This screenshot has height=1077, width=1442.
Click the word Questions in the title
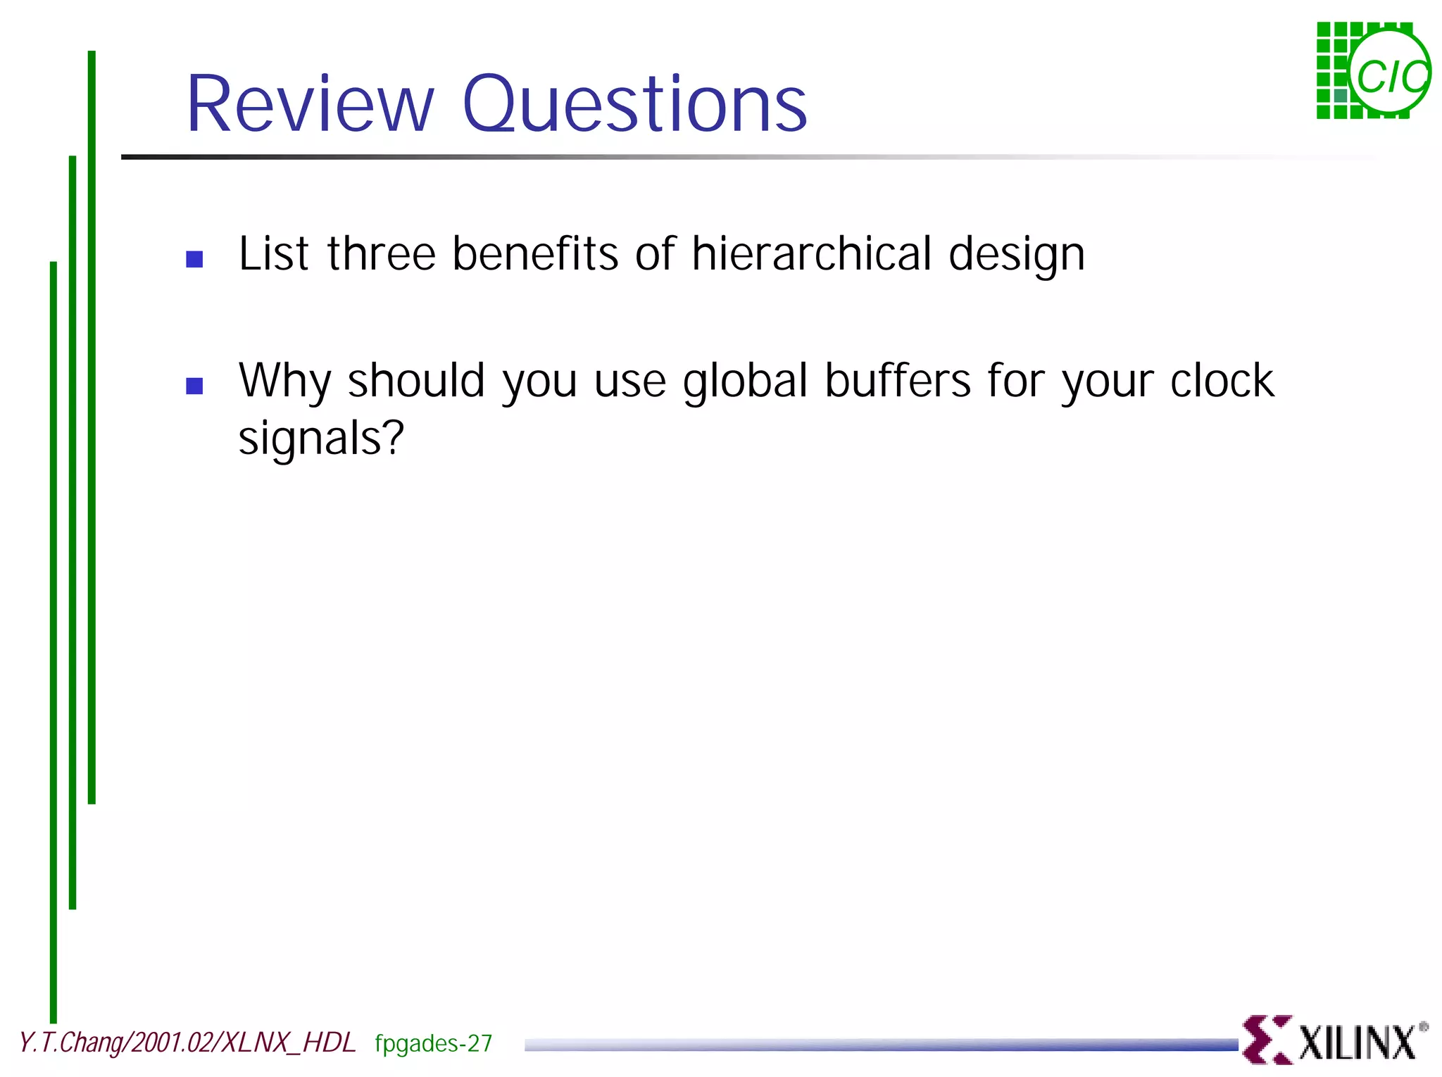pos(634,106)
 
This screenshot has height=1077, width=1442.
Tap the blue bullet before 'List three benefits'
pos(194,259)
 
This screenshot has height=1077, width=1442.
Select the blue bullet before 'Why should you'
pos(194,386)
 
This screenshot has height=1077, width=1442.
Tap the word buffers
pos(898,381)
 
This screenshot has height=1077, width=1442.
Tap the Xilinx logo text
pos(1357,1043)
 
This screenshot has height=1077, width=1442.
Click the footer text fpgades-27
pos(433,1043)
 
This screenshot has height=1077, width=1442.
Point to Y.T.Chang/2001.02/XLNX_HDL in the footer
pos(187,1043)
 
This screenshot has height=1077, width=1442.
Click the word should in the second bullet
pos(416,381)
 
